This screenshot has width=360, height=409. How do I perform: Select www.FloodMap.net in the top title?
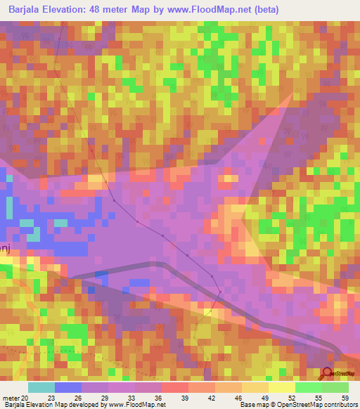211,10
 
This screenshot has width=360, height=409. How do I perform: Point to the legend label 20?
26,398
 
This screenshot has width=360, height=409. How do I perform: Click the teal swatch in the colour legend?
41,387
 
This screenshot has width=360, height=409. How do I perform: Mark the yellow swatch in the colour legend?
282,387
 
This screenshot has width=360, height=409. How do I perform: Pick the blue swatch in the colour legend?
68,387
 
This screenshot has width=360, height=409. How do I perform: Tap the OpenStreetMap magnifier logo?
328,374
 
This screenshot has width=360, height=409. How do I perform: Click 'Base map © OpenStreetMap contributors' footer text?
297,405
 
